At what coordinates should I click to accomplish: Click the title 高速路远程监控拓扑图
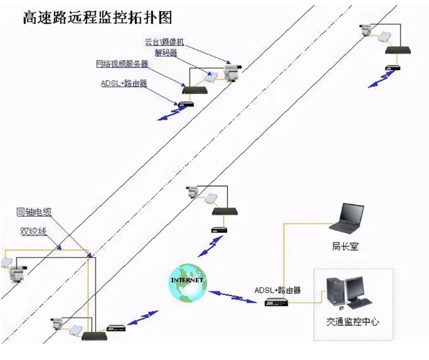click(x=97, y=17)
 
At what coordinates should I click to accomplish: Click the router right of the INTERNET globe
click(x=276, y=301)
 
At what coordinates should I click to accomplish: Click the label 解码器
click(x=166, y=53)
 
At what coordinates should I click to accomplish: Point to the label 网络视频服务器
click(x=122, y=64)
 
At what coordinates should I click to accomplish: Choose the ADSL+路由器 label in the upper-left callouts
click(x=123, y=83)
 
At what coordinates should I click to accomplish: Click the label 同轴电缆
click(x=35, y=212)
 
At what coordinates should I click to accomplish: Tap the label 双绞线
click(x=33, y=231)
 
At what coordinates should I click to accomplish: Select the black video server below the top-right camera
click(x=398, y=50)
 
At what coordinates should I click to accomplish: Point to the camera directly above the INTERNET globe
click(x=192, y=192)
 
